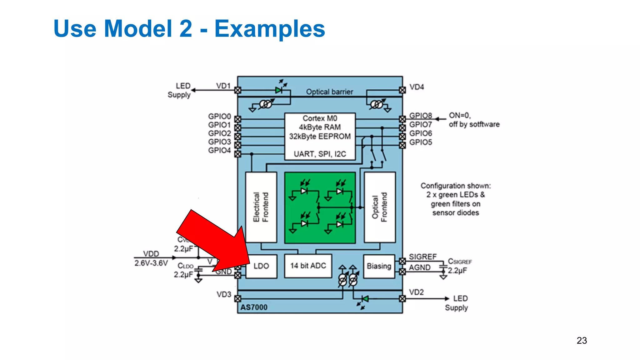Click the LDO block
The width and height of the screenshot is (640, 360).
tap(261, 266)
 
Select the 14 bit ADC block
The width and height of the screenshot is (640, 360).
tap(308, 266)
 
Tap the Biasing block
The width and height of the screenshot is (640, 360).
tap(379, 266)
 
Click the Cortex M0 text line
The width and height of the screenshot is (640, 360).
tap(320, 118)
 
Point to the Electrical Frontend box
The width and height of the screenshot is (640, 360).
tap(261, 207)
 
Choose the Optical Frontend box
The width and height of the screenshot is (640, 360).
tap(380, 207)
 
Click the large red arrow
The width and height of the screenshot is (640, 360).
tap(212, 241)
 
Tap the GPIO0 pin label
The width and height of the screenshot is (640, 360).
tap(219, 117)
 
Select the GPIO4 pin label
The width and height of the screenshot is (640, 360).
tap(219, 151)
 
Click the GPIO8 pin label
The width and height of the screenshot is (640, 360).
tap(421, 116)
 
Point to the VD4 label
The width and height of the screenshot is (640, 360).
tap(417, 87)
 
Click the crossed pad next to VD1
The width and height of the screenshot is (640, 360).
tap(238, 90)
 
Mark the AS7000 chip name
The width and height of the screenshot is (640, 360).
tap(254, 307)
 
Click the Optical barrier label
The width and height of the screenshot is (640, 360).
tap(329, 92)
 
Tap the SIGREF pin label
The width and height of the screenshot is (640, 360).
tap(422, 257)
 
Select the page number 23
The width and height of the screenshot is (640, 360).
tap(582, 341)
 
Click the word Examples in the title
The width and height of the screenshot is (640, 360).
tap(270, 29)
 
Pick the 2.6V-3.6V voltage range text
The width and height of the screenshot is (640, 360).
tap(151, 263)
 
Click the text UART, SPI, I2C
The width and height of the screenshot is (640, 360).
tap(320, 154)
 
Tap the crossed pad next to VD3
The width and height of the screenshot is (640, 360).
tap(238, 299)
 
